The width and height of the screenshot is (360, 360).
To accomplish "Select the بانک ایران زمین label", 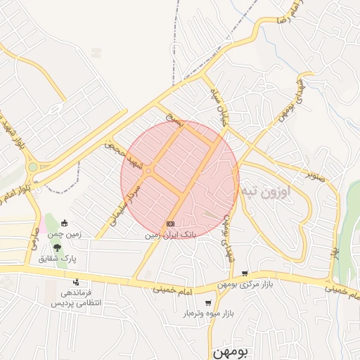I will [x=169, y=235].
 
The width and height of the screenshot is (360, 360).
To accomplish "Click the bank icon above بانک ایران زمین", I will [x=170, y=224].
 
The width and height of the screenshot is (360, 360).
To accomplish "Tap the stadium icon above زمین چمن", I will [x=65, y=224].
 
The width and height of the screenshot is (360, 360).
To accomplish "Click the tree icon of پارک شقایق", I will [x=57, y=248].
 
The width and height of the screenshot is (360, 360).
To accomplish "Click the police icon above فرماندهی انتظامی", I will [x=76, y=282].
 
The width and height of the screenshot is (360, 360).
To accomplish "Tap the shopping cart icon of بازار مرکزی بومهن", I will [x=245, y=274].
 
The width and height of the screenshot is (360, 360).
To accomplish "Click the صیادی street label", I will [x=32, y=238].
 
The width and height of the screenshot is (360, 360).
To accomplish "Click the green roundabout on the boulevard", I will [x=32, y=167].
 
